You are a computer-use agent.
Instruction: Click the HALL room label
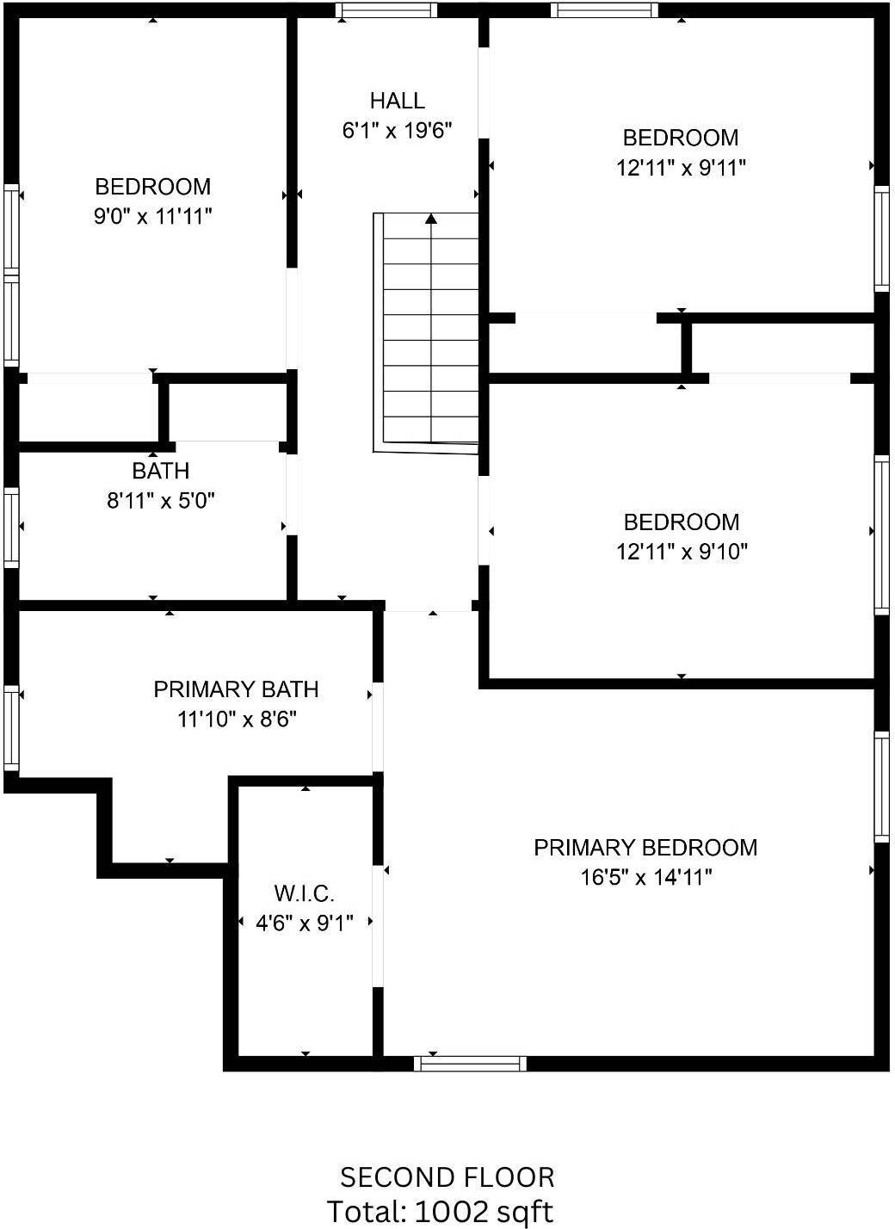click(398, 101)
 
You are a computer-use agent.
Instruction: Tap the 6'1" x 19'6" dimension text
click(397, 131)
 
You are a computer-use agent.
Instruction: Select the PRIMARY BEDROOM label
click(645, 848)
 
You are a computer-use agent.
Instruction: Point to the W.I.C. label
click(304, 893)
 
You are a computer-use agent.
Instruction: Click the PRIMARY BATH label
click(236, 689)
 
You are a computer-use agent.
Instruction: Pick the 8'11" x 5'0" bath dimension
click(160, 500)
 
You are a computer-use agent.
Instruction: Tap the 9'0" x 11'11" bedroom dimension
click(152, 217)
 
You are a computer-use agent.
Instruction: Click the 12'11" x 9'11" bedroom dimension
click(681, 167)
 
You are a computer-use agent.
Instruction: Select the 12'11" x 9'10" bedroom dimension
click(682, 552)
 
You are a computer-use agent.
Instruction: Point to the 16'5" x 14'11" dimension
click(646, 878)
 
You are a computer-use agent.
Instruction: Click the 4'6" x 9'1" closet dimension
click(304, 923)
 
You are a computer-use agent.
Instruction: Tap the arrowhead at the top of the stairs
click(431, 219)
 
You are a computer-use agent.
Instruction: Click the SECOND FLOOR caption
click(447, 1178)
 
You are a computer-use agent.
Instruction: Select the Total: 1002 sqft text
click(440, 1211)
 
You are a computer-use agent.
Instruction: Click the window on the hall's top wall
click(386, 9)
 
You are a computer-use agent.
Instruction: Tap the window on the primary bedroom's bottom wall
click(470, 1064)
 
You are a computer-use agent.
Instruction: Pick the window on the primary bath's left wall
click(11, 728)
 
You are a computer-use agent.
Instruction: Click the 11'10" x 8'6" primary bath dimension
click(237, 719)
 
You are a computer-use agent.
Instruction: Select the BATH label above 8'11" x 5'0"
click(160, 471)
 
